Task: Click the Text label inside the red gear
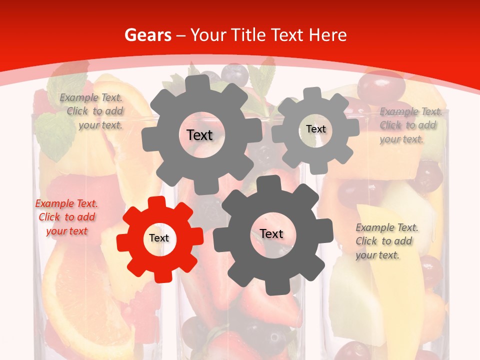point(159,238)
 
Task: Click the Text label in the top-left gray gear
point(199,135)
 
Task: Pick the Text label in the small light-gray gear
point(316,129)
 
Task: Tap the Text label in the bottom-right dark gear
point(271,233)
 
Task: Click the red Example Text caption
point(66,217)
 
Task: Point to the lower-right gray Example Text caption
point(386,241)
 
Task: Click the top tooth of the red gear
point(156,202)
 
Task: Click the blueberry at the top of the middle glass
point(234,74)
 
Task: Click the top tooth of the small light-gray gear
point(312,93)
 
